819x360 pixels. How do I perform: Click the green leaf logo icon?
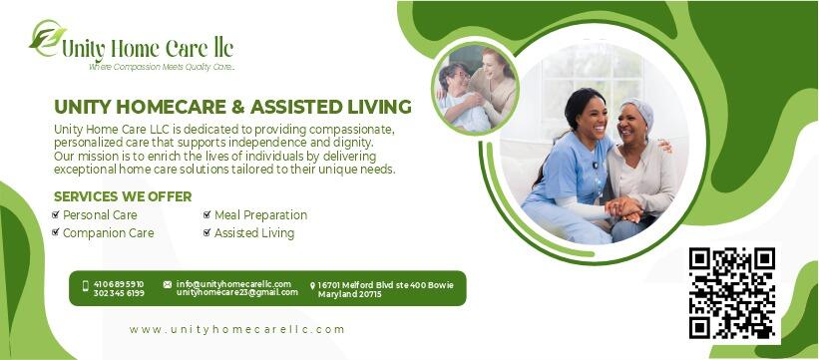pos(47,39)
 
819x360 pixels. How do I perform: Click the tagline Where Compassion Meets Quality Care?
pos(162,67)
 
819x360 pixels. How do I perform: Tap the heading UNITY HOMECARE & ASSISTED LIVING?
pos(232,107)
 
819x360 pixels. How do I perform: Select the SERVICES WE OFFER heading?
pos(123,196)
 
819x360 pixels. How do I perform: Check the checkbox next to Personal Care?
pos(56,215)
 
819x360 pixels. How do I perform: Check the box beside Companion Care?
pos(56,233)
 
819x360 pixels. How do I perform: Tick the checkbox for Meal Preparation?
pos(206,215)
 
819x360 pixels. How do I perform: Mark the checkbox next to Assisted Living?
pos(206,233)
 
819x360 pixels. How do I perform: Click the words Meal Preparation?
pos(260,215)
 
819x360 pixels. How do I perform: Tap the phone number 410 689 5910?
pos(119,284)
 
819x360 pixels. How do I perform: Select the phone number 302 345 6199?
pos(119,293)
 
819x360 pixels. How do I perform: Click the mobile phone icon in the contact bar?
pos(85,287)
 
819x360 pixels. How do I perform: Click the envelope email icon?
pos(167,284)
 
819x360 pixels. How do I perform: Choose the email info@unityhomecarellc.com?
pos(233,284)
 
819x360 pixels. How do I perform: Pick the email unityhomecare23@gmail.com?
pos(236,292)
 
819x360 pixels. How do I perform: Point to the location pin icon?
pos(312,286)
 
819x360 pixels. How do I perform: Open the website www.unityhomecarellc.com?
pos(236,329)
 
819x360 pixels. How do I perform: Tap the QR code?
pos(731,292)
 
